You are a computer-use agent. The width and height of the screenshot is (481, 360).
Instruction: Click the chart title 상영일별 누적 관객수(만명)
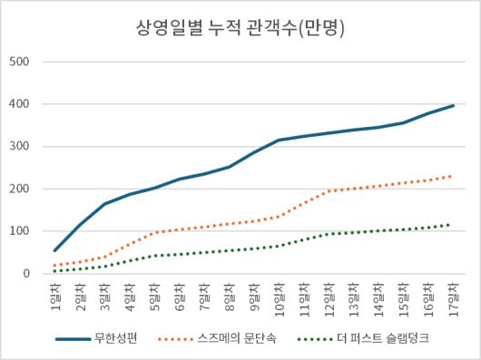[x=240, y=27]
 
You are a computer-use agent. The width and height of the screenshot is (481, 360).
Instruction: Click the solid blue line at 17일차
[x=452, y=105]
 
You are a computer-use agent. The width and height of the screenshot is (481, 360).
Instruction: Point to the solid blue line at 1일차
[x=55, y=250]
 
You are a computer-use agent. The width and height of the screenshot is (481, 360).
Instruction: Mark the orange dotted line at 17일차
[x=452, y=176]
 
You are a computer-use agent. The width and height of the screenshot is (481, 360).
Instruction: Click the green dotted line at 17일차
[x=452, y=224]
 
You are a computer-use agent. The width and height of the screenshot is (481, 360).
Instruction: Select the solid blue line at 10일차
[x=279, y=141]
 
